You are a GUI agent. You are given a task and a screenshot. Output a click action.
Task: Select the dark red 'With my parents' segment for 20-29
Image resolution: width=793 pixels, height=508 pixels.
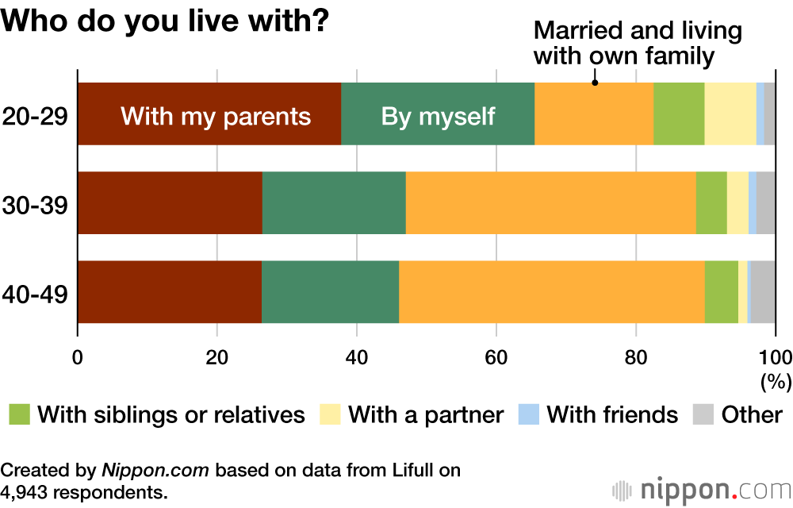[x=209, y=114]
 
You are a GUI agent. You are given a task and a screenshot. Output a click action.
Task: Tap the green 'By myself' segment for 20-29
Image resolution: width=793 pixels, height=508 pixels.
[x=438, y=114]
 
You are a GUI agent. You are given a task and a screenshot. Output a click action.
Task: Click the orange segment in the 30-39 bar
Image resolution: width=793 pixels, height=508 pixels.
[x=550, y=202]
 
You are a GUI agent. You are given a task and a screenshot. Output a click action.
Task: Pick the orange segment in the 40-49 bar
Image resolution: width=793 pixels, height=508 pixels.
[x=552, y=291]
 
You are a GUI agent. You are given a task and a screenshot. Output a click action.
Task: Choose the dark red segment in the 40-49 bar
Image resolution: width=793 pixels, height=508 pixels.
[x=170, y=291]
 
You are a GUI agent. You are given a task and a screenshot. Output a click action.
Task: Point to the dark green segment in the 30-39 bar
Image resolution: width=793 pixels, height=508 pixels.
[x=334, y=202]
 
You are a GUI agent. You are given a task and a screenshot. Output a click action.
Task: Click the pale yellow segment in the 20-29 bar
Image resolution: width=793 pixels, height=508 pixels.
[x=730, y=114]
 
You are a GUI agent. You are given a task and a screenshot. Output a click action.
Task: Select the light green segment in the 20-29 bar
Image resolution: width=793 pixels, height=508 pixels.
[x=679, y=114]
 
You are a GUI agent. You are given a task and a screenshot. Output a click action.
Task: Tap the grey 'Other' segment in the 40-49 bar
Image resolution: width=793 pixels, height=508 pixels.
[x=763, y=291]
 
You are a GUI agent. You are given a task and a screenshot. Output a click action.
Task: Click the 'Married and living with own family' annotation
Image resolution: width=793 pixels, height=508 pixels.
[x=638, y=44]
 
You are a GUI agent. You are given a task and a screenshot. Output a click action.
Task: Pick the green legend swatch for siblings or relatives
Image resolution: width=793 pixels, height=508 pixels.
[x=20, y=414]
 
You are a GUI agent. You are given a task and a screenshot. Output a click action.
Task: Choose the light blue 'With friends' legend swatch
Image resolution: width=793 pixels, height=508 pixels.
[x=528, y=414]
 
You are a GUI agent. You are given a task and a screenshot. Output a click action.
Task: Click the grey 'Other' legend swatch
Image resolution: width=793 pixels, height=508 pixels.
[x=704, y=414]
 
